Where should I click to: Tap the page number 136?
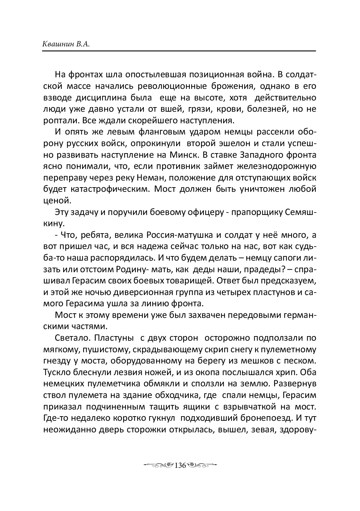click(179, 466)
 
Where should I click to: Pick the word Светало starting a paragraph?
click(68, 338)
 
